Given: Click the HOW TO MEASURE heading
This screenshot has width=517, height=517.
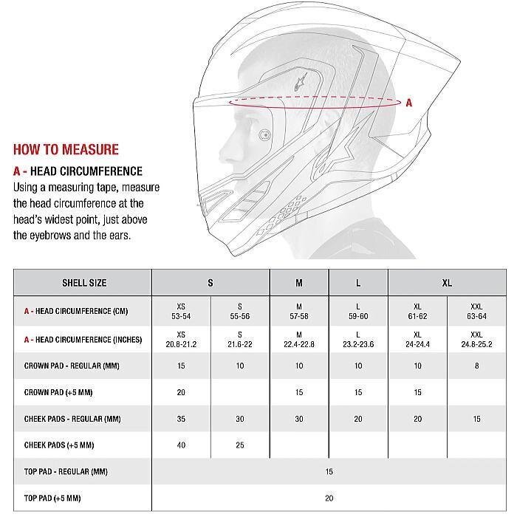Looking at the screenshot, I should (66, 149).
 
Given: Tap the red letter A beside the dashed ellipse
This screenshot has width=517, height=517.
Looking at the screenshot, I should (408, 103).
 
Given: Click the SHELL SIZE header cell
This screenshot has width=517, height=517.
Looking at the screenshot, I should (83, 283).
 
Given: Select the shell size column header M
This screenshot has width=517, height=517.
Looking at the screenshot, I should (299, 283).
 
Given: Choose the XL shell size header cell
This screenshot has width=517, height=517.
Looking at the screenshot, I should (447, 283).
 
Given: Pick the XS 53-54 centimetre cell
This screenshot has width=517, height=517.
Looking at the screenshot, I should (181, 311).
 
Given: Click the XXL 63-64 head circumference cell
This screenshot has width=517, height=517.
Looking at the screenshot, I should (476, 311).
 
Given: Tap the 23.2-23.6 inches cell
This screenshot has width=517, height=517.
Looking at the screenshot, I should (358, 340).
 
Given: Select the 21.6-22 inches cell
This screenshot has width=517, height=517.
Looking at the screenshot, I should (240, 340).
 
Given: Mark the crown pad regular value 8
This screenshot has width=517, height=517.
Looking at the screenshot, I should (476, 366).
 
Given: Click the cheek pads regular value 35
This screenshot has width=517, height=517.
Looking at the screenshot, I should (181, 419).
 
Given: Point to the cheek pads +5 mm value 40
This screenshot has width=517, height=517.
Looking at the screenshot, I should (181, 445).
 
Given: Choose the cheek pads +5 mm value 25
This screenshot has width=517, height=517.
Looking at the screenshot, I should (240, 445).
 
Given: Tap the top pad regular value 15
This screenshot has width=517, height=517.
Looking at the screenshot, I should (329, 471).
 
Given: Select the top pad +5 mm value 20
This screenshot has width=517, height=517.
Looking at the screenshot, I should (329, 499).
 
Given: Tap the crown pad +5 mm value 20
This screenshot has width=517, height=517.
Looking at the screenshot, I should (181, 393).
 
